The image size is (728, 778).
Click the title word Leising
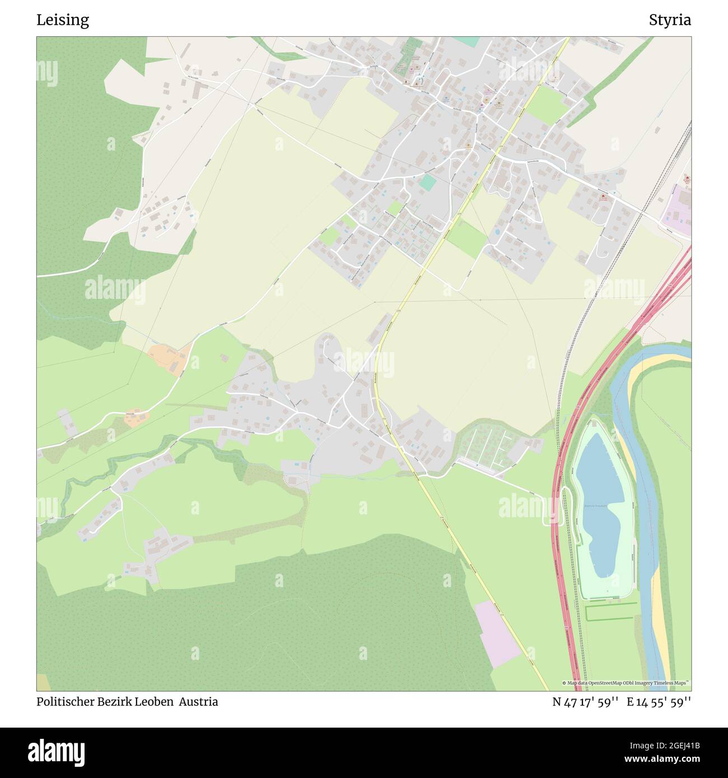[x=63, y=20]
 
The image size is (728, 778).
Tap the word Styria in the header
[x=670, y=20]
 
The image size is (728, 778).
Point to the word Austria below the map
[x=199, y=702]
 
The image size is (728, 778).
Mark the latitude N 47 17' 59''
[x=585, y=702]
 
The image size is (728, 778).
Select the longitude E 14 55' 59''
[x=659, y=702]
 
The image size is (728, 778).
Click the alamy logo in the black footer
[x=56, y=752]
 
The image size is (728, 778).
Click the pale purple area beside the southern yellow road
[x=497, y=634]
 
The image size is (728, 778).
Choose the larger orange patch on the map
[x=169, y=359]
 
